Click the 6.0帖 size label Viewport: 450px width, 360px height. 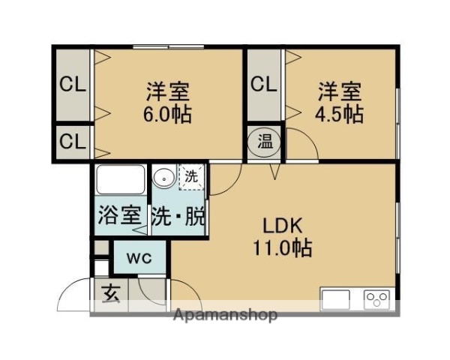tap(167, 115)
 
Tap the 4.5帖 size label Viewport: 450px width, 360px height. tap(340, 115)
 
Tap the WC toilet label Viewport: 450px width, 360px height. tap(139, 259)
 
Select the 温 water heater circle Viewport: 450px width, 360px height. tap(265, 141)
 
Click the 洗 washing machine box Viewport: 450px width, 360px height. tap(192, 178)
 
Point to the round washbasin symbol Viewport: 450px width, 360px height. tap(163, 179)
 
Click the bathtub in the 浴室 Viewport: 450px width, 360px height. tap(120, 181)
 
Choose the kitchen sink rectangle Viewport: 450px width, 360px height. tap(335, 300)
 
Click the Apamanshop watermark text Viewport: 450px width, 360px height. tap(226, 314)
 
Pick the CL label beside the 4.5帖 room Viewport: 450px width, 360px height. tap(263, 83)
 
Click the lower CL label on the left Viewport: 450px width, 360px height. tap(73, 140)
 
